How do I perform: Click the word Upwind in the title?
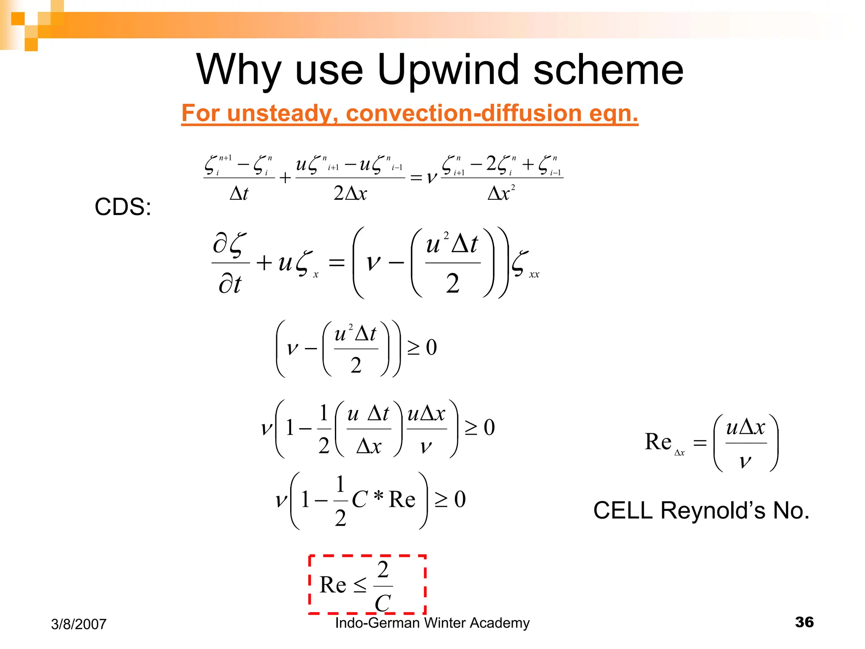coord(448,70)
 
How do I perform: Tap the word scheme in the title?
coord(608,70)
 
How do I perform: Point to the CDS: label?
coord(122,207)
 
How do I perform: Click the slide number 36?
coord(804,622)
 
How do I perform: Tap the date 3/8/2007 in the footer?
coord(79,624)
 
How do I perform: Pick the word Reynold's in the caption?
coord(714,511)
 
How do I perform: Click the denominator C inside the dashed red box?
coord(383,603)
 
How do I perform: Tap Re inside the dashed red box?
coord(333,585)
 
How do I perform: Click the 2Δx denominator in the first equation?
coord(350,193)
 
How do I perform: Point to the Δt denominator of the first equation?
coord(239,193)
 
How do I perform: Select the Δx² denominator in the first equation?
coord(501,193)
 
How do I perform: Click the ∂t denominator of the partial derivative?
coord(230,284)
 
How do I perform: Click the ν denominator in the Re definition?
coord(745,461)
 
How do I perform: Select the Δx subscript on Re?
coord(680,453)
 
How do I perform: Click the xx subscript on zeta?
coord(534,275)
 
